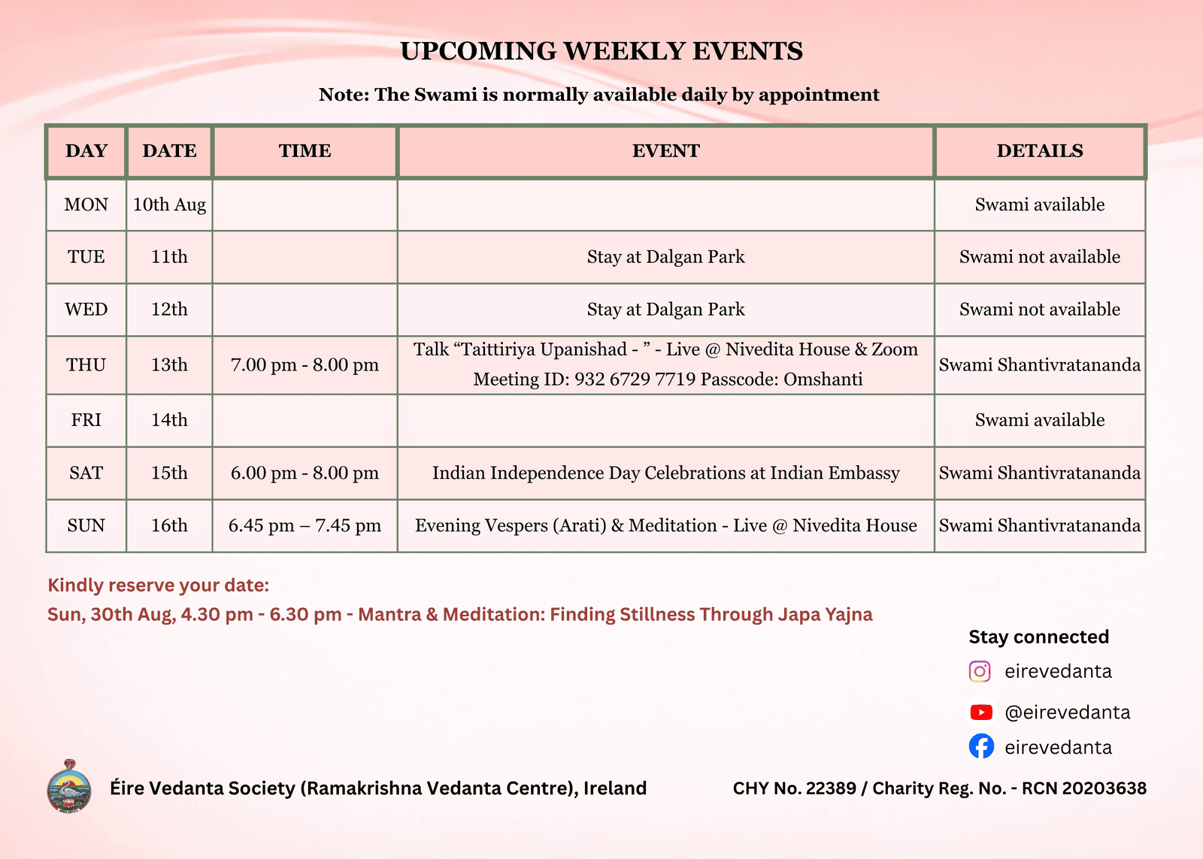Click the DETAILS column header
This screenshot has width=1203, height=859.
pyautogui.click(x=1040, y=151)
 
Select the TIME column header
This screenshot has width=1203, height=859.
pyautogui.click(x=305, y=151)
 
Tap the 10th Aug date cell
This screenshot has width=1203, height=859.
pyautogui.click(x=169, y=204)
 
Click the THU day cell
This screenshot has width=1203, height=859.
pyautogui.click(x=86, y=365)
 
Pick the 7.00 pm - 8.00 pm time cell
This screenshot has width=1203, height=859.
pyautogui.click(x=305, y=365)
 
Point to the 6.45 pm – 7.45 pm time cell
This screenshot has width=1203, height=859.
pyautogui.click(x=305, y=525)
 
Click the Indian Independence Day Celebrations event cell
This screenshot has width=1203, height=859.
pyautogui.click(x=666, y=473)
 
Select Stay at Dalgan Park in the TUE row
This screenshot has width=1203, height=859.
pyautogui.click(x=666, y=256)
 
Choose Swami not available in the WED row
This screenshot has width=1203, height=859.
pyautogui.click(x=1040, y=309)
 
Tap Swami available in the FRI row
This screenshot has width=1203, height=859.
pyautogui.click(x=1040, y=420)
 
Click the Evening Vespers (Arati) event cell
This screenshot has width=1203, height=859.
pyautogui.click(x=666, y=525)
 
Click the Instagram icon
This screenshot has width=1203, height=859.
pyautogui.click(x=980, y=671)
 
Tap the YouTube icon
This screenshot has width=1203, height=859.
pyautogui.click(x=981, y=712)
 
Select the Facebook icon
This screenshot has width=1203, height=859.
pyautogui.click(x=981, y=746)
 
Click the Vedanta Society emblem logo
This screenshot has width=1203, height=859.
pyautogui.click(x=69, y=786)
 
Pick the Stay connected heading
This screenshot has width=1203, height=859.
pyautogui.click(x=1038, y=637)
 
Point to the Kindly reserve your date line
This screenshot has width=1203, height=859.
pyautogui.click(x=159, y=585)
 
